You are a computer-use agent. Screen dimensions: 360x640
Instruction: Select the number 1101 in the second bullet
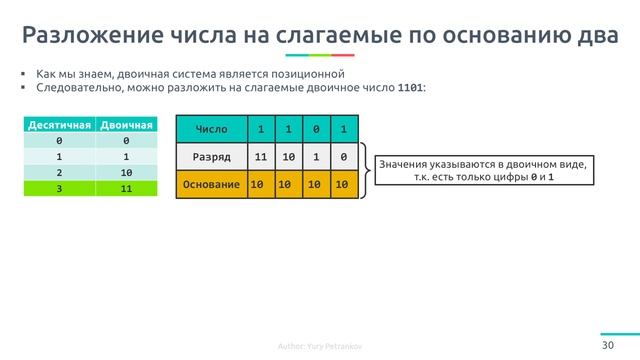[410, 88]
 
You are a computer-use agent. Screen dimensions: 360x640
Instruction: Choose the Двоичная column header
[127, 126]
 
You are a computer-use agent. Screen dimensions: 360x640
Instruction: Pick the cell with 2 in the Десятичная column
[61, 171]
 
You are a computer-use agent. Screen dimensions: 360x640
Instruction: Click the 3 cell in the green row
[61, 187]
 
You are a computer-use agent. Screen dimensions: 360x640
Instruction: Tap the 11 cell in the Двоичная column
[127, 187]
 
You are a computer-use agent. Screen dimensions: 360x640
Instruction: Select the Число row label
[211, 129]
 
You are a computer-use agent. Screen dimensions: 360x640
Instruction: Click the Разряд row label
[211, 157]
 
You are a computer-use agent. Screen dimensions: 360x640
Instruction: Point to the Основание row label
[211, 185]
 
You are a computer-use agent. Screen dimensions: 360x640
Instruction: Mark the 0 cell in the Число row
[316, 129]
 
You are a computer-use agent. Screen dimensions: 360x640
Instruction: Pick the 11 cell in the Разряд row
[260, 157]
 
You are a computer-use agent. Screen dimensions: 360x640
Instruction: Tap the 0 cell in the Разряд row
[343, 157]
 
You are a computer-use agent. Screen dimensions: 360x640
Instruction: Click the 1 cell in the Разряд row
[316, 157]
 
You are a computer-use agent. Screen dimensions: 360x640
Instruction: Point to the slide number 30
[607, 345]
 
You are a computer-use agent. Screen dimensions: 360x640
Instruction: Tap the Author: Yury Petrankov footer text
[320, 347]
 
